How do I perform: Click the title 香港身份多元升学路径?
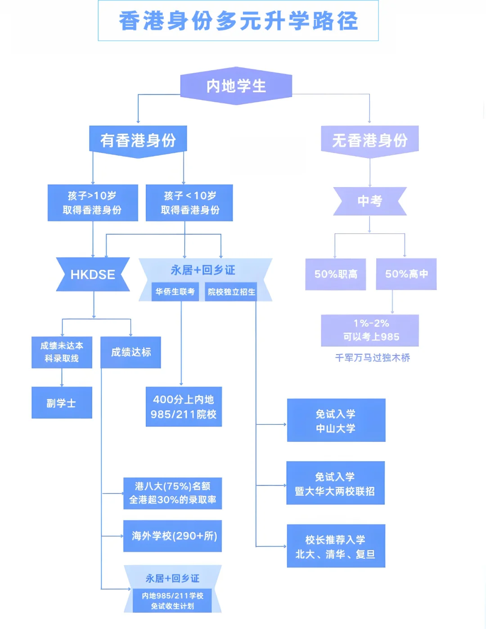[x=238, y=21]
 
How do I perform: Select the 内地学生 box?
[x=236, y=86]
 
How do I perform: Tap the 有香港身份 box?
[x=138, y=140]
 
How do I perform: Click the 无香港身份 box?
[x=369, y=140]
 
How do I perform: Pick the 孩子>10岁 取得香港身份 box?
[x=93, y=203]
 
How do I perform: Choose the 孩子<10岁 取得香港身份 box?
[x=189, y=203]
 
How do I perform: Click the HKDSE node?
[x=93, y=274]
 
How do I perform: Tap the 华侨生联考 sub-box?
[x=175, y=292]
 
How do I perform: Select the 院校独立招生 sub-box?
[x=231, y=292]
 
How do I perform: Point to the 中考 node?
[x=369, y=201]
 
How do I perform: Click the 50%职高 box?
[x=336, y=274]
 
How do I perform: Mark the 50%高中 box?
[x=406, y=274]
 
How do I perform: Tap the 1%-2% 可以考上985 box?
[x=370, y=330]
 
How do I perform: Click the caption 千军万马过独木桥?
[x=373, y=358]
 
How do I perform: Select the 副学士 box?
[x=62, y=403]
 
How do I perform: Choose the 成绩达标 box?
[x=130, y=352]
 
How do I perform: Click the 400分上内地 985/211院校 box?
[x=184, y=407]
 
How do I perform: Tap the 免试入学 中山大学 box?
[x=336, y=420]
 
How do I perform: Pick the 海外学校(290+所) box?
[x=173, y=536]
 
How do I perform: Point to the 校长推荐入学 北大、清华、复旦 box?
[x=336, y=546]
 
